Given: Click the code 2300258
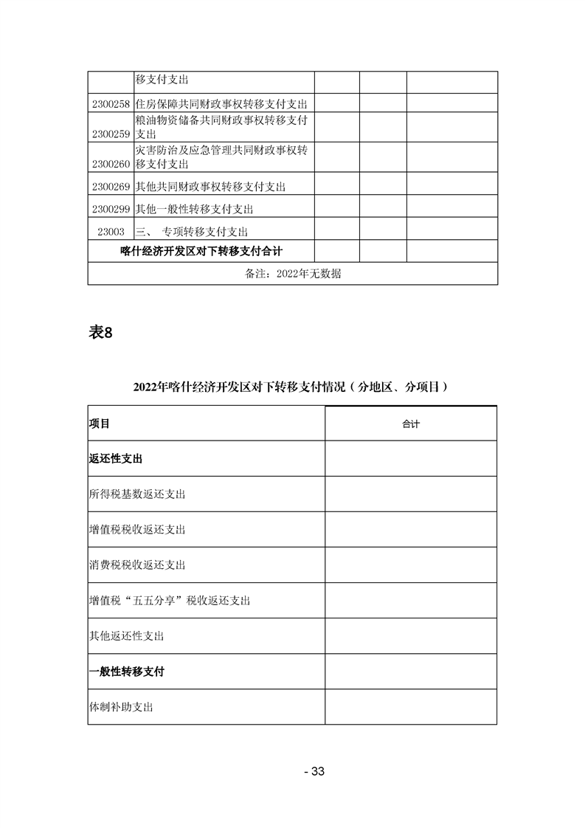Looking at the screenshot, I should [111, 105].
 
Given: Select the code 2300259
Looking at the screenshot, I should [111, 134].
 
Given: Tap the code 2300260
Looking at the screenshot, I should [111, 164].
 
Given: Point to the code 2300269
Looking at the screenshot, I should [111, 187].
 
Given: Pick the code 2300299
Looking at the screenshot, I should [111, 210].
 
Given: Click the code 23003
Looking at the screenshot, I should [111, 232].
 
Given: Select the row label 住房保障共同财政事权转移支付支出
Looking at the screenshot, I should [221, 105].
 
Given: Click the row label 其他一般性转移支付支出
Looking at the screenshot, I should [195, 210].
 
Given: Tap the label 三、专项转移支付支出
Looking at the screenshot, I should [192, 232].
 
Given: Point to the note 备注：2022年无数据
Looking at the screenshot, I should [292, 274].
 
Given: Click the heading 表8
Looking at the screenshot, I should [100, 332].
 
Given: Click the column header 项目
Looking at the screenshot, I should [100, 424].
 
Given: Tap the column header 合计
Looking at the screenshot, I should [411, 424].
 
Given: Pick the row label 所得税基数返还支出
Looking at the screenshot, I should [136, 494].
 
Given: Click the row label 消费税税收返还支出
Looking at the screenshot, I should [136, 565].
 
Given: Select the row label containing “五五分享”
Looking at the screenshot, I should [169, 601].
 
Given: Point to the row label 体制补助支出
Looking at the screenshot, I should [121, 707].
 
